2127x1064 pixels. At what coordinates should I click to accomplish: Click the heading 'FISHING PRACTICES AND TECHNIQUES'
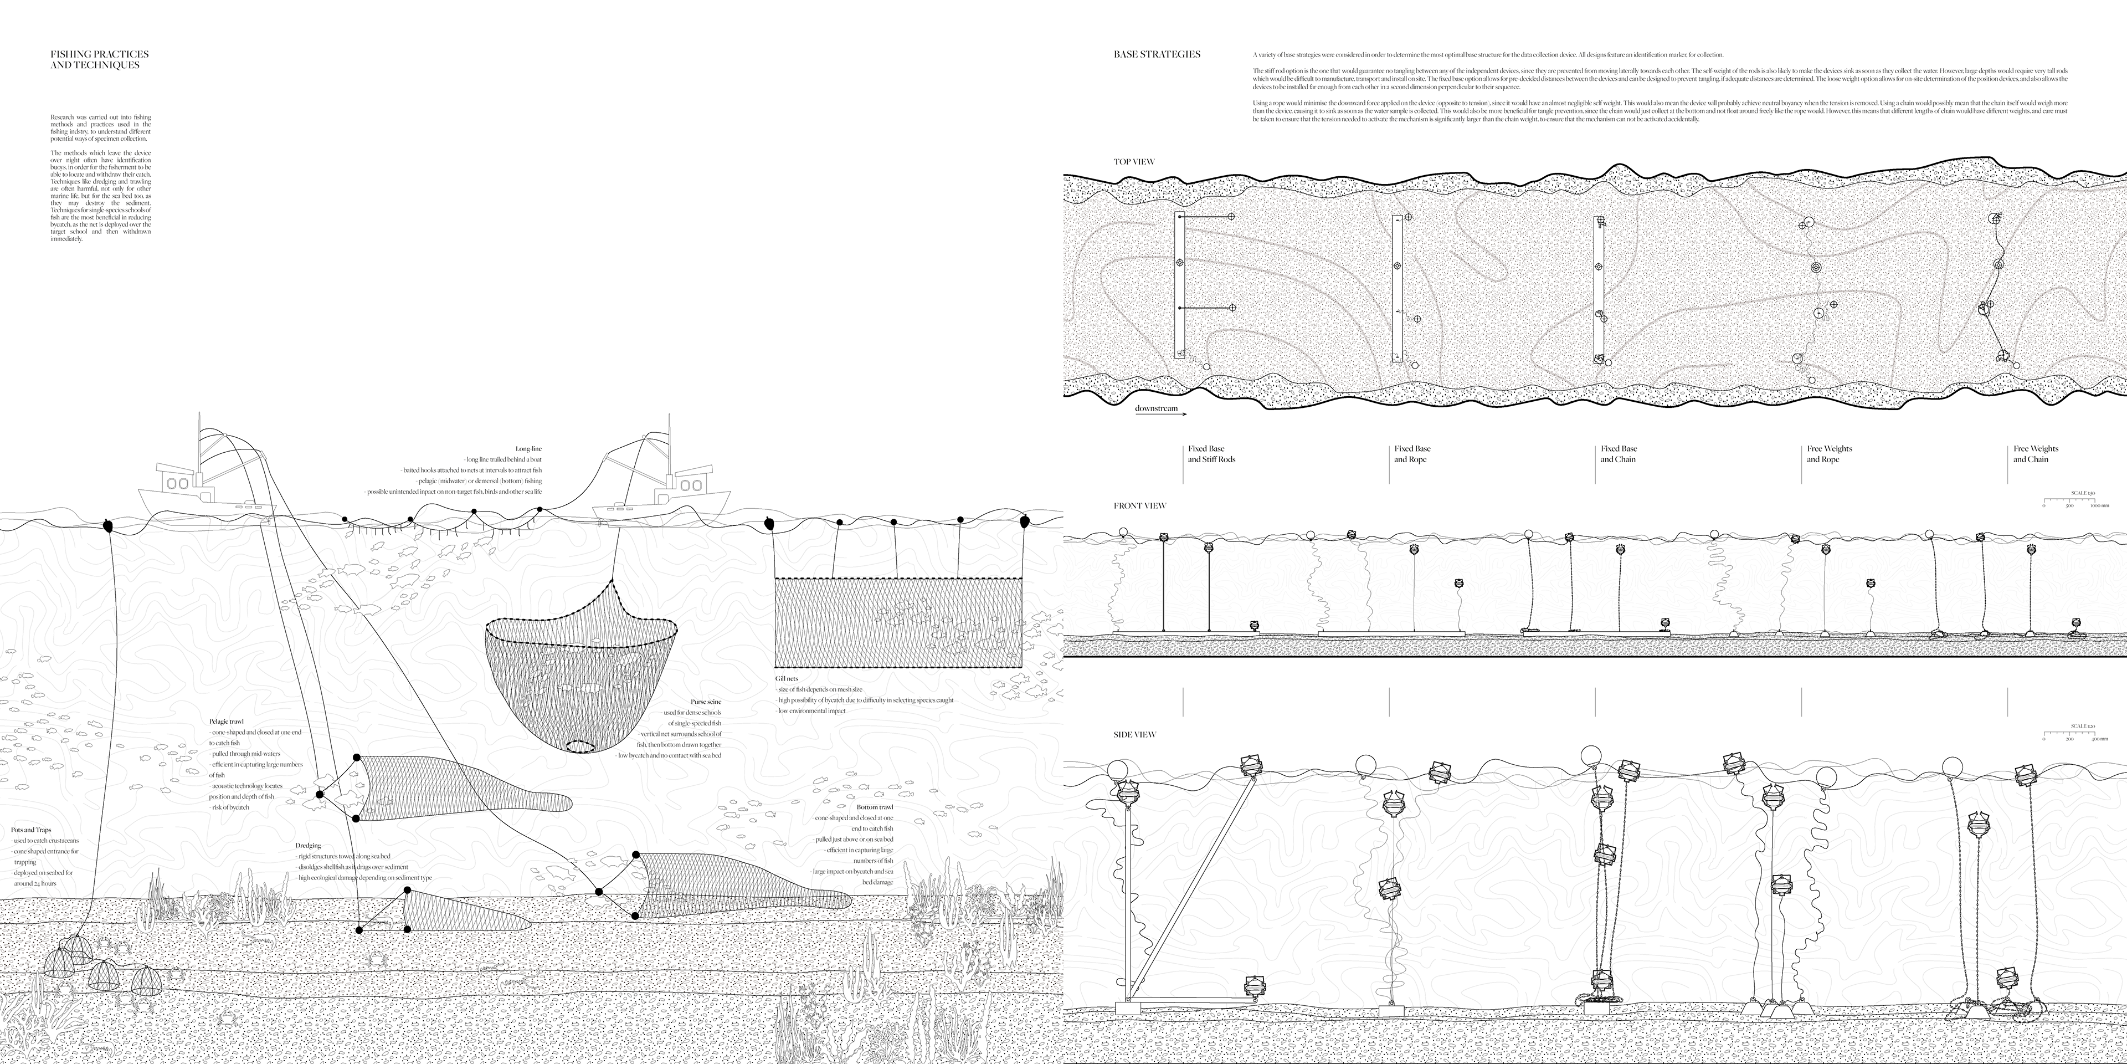pos(99,59)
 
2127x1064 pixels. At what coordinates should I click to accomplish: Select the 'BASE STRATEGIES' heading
pos(1157,54)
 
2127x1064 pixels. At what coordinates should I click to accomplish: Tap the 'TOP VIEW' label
pos(1134,162)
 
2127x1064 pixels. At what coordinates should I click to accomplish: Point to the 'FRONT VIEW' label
pos(1139,505)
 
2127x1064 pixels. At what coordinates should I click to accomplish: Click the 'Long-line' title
pos(528,448)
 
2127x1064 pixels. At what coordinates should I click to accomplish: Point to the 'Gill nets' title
pos(787,678)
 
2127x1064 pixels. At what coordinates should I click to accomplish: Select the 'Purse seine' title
pos(706,702)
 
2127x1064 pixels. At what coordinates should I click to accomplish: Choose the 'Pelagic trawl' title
pos(226,721)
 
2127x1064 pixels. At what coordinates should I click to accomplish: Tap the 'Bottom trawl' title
pos(875,807)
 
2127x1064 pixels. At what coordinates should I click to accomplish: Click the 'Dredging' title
pos(308,846)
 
